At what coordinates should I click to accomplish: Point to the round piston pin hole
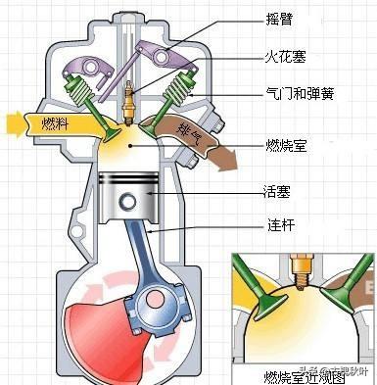128,202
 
